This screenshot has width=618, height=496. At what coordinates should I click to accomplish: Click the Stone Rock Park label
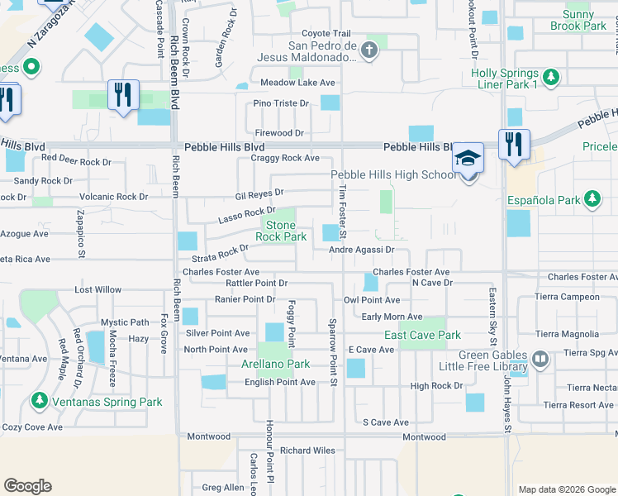[x=280, y=231]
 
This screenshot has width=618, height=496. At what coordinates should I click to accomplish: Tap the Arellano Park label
[x=275, y=364]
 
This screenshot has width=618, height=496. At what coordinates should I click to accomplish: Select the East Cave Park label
[x=422, y=335]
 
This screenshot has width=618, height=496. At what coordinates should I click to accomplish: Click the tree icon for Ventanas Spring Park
[x=39, y=401]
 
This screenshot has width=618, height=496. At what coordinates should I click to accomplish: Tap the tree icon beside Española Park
[x=592, y=199]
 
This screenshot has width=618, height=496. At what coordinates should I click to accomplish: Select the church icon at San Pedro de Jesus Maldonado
[x=369, y=51]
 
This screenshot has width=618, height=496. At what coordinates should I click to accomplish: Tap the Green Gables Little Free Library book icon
[x=540, y=358]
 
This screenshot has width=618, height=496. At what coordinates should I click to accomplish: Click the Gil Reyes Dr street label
[x=259, y=193]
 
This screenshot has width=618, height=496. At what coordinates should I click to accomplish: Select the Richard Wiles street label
[x=307, y=451]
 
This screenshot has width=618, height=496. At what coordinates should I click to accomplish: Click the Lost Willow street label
[x=97, y=290]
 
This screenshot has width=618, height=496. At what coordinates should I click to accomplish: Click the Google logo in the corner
[x=27, y=486]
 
